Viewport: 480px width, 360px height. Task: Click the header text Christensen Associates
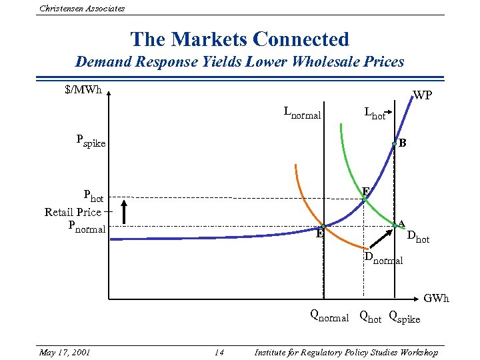pos(82,8)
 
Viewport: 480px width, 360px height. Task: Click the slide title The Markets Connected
pos(239,39)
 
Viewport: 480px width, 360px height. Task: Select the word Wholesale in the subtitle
pos(318,62)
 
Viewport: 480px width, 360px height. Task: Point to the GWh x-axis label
pos(436,298)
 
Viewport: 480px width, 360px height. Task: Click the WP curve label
pos(423,95)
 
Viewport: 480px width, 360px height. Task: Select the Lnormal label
pos(302,113)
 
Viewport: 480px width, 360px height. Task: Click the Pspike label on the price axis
pos(91,141)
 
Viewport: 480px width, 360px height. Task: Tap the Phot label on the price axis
pos(93,197)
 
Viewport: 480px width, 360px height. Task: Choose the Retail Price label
pos(73,212)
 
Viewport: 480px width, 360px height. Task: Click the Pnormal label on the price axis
pos(87,227)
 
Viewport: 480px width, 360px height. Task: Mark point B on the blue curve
pos(395,143)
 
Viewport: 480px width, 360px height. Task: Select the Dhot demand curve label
pos(418,236)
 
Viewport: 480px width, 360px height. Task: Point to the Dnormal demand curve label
pos(383,259)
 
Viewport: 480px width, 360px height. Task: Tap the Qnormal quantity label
pos(329,317)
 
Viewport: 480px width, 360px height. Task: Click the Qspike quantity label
pos(405,318)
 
